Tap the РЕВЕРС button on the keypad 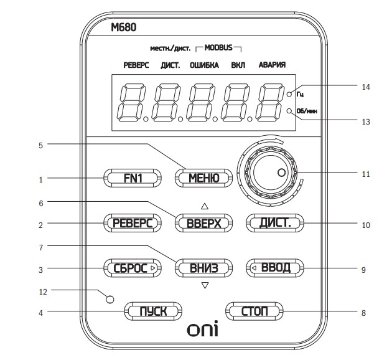coord(132,223)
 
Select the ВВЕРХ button coord(203,223)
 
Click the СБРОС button coord(132,269)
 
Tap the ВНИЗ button coord(203,269)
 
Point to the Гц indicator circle coord(291,94)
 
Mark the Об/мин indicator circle coord(291,111)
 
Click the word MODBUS coord(218,47)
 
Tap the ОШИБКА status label coord(203,65)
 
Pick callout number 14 coord(366,87)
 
